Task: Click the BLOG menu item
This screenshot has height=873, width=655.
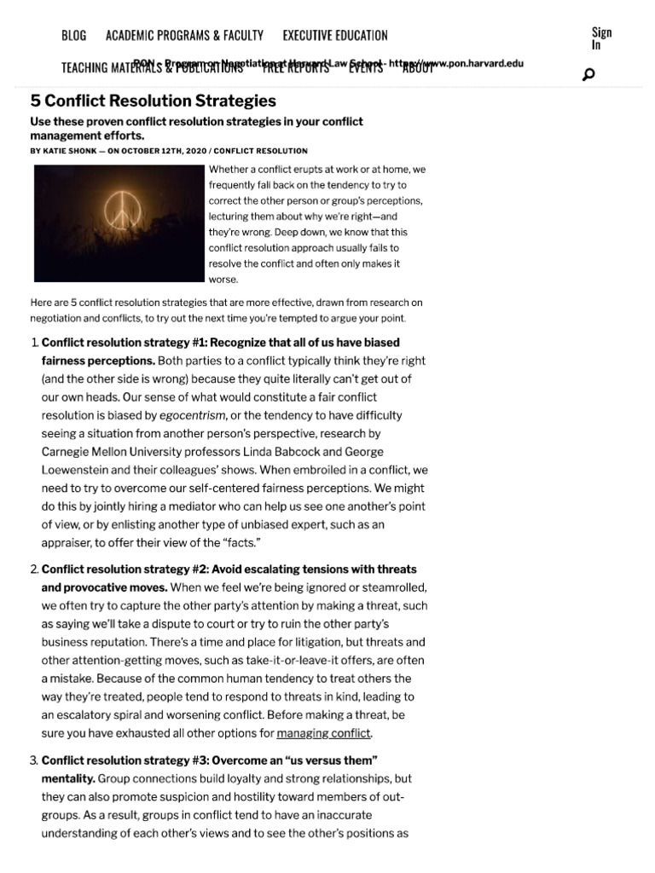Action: (x=73, y=35)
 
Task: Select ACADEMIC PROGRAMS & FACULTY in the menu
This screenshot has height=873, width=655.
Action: (x=184, y=35)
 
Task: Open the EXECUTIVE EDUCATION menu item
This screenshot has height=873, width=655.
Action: (x=335, y=35)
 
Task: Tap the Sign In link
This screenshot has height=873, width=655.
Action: (x=601, y=38)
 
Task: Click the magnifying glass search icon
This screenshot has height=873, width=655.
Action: (x=588, y=74)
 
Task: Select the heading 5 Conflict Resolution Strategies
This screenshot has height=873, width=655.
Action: (x=154, y=101)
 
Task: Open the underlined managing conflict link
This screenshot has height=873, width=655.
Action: (x=324, y=732)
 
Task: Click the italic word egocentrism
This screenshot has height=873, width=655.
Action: (x=192, y=416)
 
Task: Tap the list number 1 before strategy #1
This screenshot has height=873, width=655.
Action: (x=33, y=342)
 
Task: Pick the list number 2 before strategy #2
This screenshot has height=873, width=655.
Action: (x=33, y=569)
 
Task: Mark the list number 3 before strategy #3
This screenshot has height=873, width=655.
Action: (x=33, y=760)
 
